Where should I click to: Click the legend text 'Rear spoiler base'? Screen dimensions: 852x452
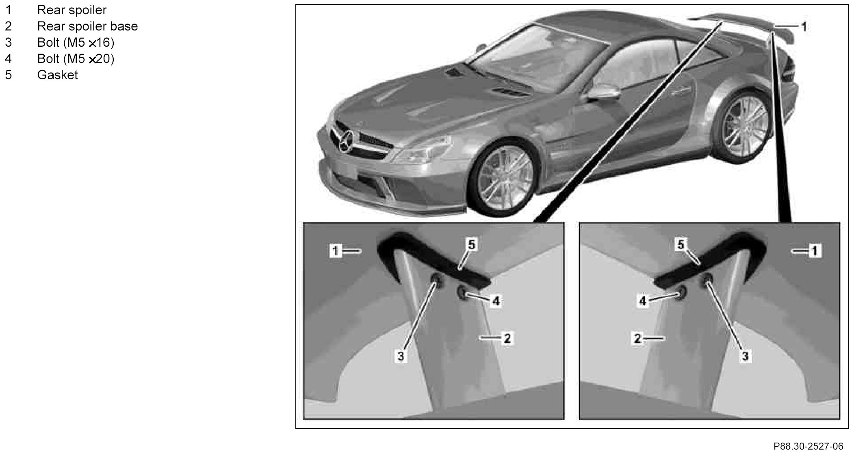[x=87, y=26]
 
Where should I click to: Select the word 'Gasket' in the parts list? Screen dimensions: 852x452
[x=57, y=75]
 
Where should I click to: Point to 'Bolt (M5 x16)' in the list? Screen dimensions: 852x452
[x=76, y=43]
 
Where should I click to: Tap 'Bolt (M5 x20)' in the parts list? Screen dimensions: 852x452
[x=76, y=59]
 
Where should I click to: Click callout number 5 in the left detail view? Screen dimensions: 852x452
[x=471, y=245]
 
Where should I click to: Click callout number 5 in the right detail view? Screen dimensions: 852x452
[x=681, y=244]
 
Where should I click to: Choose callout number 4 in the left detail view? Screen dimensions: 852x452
[x=496, y=301]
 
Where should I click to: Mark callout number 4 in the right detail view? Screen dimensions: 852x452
[x=643, y=301]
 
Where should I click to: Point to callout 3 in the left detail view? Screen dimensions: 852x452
[x=401, y=357]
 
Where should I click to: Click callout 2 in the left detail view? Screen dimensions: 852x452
[x=507, y=338]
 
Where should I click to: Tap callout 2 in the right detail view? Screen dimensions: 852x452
[x=637, y=338]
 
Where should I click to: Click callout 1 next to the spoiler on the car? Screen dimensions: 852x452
[x=804, y=27]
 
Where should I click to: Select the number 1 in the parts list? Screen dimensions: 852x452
[x=8, y=10]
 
